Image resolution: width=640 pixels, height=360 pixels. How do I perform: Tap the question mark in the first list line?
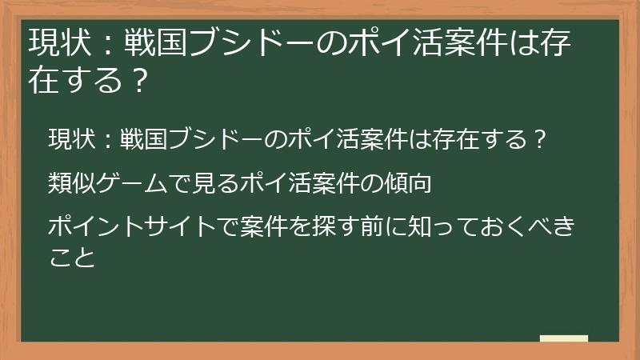(x=539, y=140)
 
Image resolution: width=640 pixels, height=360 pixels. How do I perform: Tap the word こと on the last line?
(x=70, y=258)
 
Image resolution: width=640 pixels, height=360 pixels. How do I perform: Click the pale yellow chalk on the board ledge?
(x=563, y=338)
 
